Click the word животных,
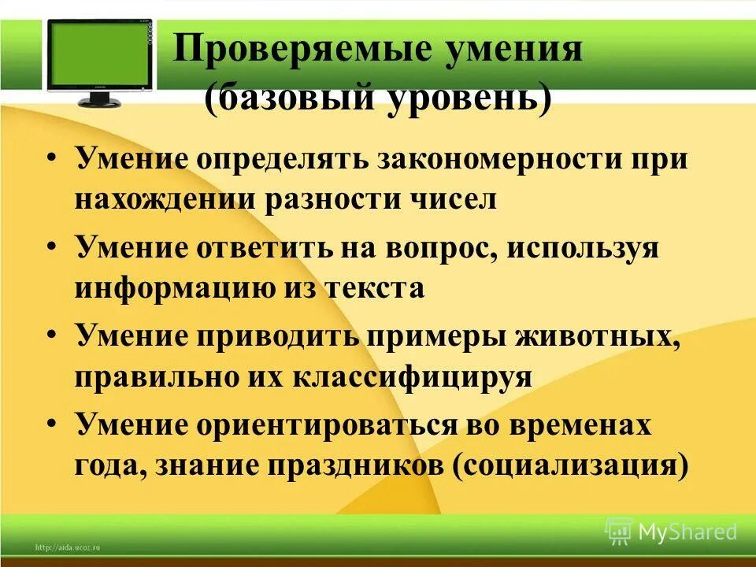click(596, 336)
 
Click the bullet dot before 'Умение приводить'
click(51, 335)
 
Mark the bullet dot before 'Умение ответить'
click(51, 246)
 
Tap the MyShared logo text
click(687, 532)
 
